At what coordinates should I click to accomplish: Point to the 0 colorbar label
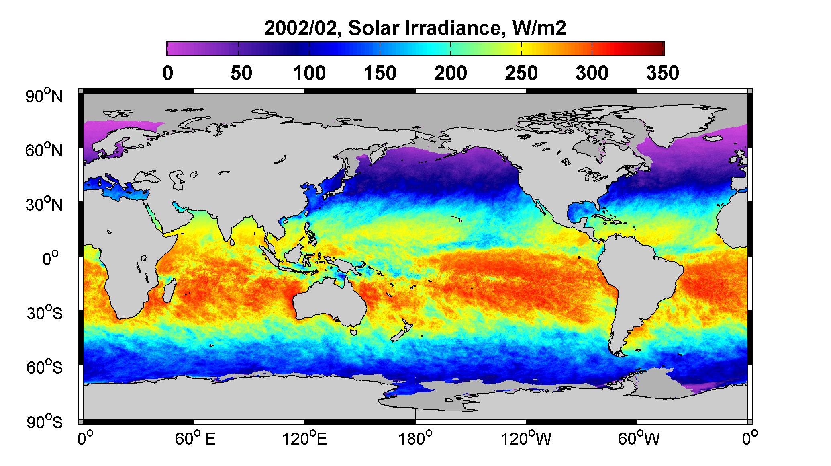coord(167,73)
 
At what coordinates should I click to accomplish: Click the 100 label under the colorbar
coord(309,73)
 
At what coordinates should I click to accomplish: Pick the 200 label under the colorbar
coord(451,73)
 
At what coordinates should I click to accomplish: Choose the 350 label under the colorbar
coord(663,73)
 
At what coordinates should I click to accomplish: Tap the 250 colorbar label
coord(521,73)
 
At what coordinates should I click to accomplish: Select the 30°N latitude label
coord(44,204)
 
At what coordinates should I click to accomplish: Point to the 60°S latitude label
coord(45,367)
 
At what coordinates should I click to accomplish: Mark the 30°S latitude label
coord(45,313)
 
